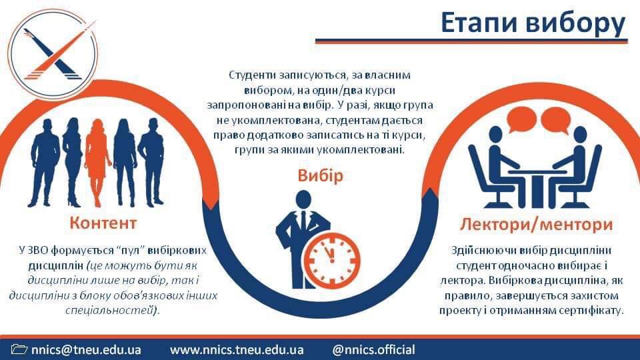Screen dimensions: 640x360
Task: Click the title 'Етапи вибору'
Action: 533,23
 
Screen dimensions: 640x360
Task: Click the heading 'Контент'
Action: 103,223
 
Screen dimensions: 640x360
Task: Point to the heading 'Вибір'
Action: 321,175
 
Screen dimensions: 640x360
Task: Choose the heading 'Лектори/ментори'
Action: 536,224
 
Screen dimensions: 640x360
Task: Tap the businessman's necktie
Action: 303,221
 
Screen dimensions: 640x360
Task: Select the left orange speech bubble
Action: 521,119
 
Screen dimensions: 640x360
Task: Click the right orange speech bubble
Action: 555,119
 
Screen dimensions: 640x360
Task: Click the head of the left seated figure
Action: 495,135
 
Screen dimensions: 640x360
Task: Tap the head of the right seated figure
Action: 579,135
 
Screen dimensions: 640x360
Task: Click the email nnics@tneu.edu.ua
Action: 86,350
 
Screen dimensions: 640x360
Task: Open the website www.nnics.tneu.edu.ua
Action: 237,350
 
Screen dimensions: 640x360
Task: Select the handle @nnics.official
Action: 373,350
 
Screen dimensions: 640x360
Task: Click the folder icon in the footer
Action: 19,349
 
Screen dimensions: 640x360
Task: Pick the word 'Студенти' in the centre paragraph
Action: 253,75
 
